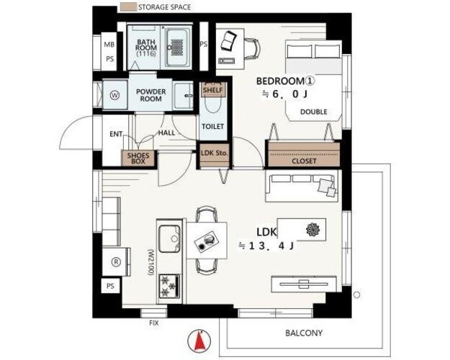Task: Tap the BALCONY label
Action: click(304, 333)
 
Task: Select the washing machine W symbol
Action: click(114, 95)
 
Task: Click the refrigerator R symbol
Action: click(116, 262)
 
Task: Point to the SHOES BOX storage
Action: click(138, 158)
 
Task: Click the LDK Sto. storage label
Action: click(215, 153)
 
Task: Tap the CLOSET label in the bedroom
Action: click(304, 161)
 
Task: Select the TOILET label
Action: click(212, 126)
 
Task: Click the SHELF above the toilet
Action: click(213, 90)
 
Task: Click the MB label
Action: click(109, 45)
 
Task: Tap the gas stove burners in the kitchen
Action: click(169, 286)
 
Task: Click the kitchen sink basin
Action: click(169, 239)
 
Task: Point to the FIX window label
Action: click(154, 323)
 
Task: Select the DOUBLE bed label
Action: click(314, 112)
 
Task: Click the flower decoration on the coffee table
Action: click(312, 230)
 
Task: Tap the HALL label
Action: click(166, 132)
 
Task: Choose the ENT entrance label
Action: click(116, 134)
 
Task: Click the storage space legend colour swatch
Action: click(128, 7)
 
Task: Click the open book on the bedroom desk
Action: click(228, 40)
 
